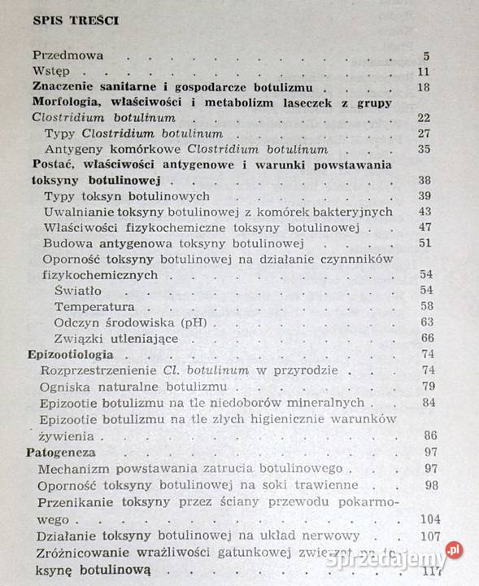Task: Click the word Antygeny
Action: click(74, 149)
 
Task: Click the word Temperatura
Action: click(94, 306)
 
